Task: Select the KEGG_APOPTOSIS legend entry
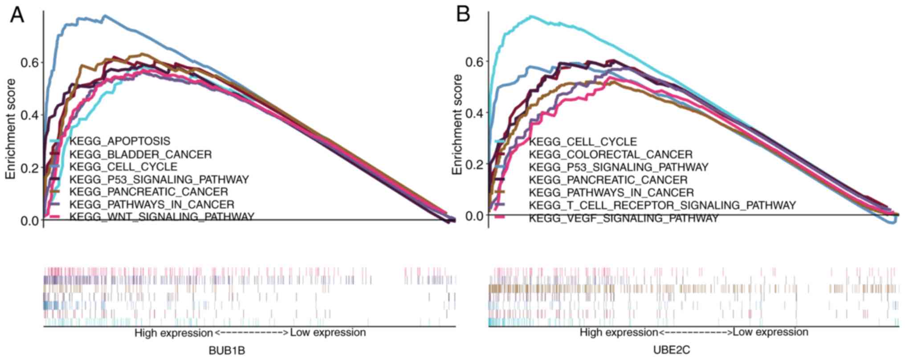119,141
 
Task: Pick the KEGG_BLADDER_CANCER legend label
140,155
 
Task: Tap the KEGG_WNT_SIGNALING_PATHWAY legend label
161,217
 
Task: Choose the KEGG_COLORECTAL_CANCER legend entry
611,155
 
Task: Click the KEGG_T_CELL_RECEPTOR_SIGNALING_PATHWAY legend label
662,205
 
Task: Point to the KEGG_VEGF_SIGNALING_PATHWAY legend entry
624,218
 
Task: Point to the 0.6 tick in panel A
29,62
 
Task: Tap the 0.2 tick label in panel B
474,164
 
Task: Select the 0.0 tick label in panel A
29,221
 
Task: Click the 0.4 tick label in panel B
474,113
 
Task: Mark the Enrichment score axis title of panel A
11,129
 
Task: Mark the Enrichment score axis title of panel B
457,125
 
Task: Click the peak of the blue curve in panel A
105,16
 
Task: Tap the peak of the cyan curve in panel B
531,16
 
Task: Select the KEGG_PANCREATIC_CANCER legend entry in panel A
148,192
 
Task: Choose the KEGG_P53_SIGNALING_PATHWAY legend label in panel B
618,167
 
